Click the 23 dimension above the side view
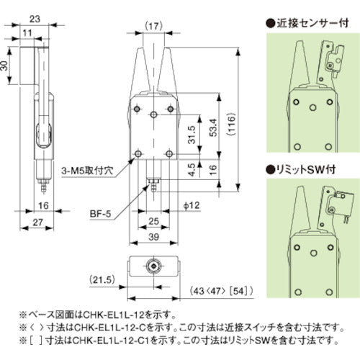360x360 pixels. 34,12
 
